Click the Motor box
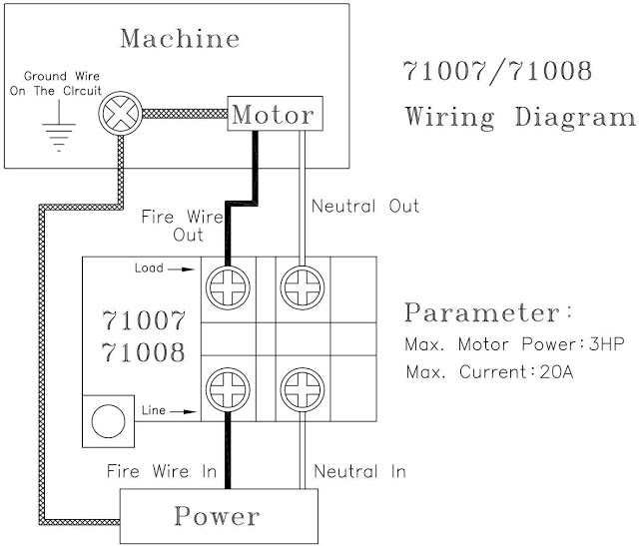[x=274, y=115]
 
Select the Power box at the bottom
[x=218, y=516]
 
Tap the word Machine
[x=180, y=39]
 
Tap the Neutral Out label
[x=365, y=207]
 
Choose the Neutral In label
[x=359, y=471]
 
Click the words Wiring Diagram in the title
[x=519, y=117]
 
